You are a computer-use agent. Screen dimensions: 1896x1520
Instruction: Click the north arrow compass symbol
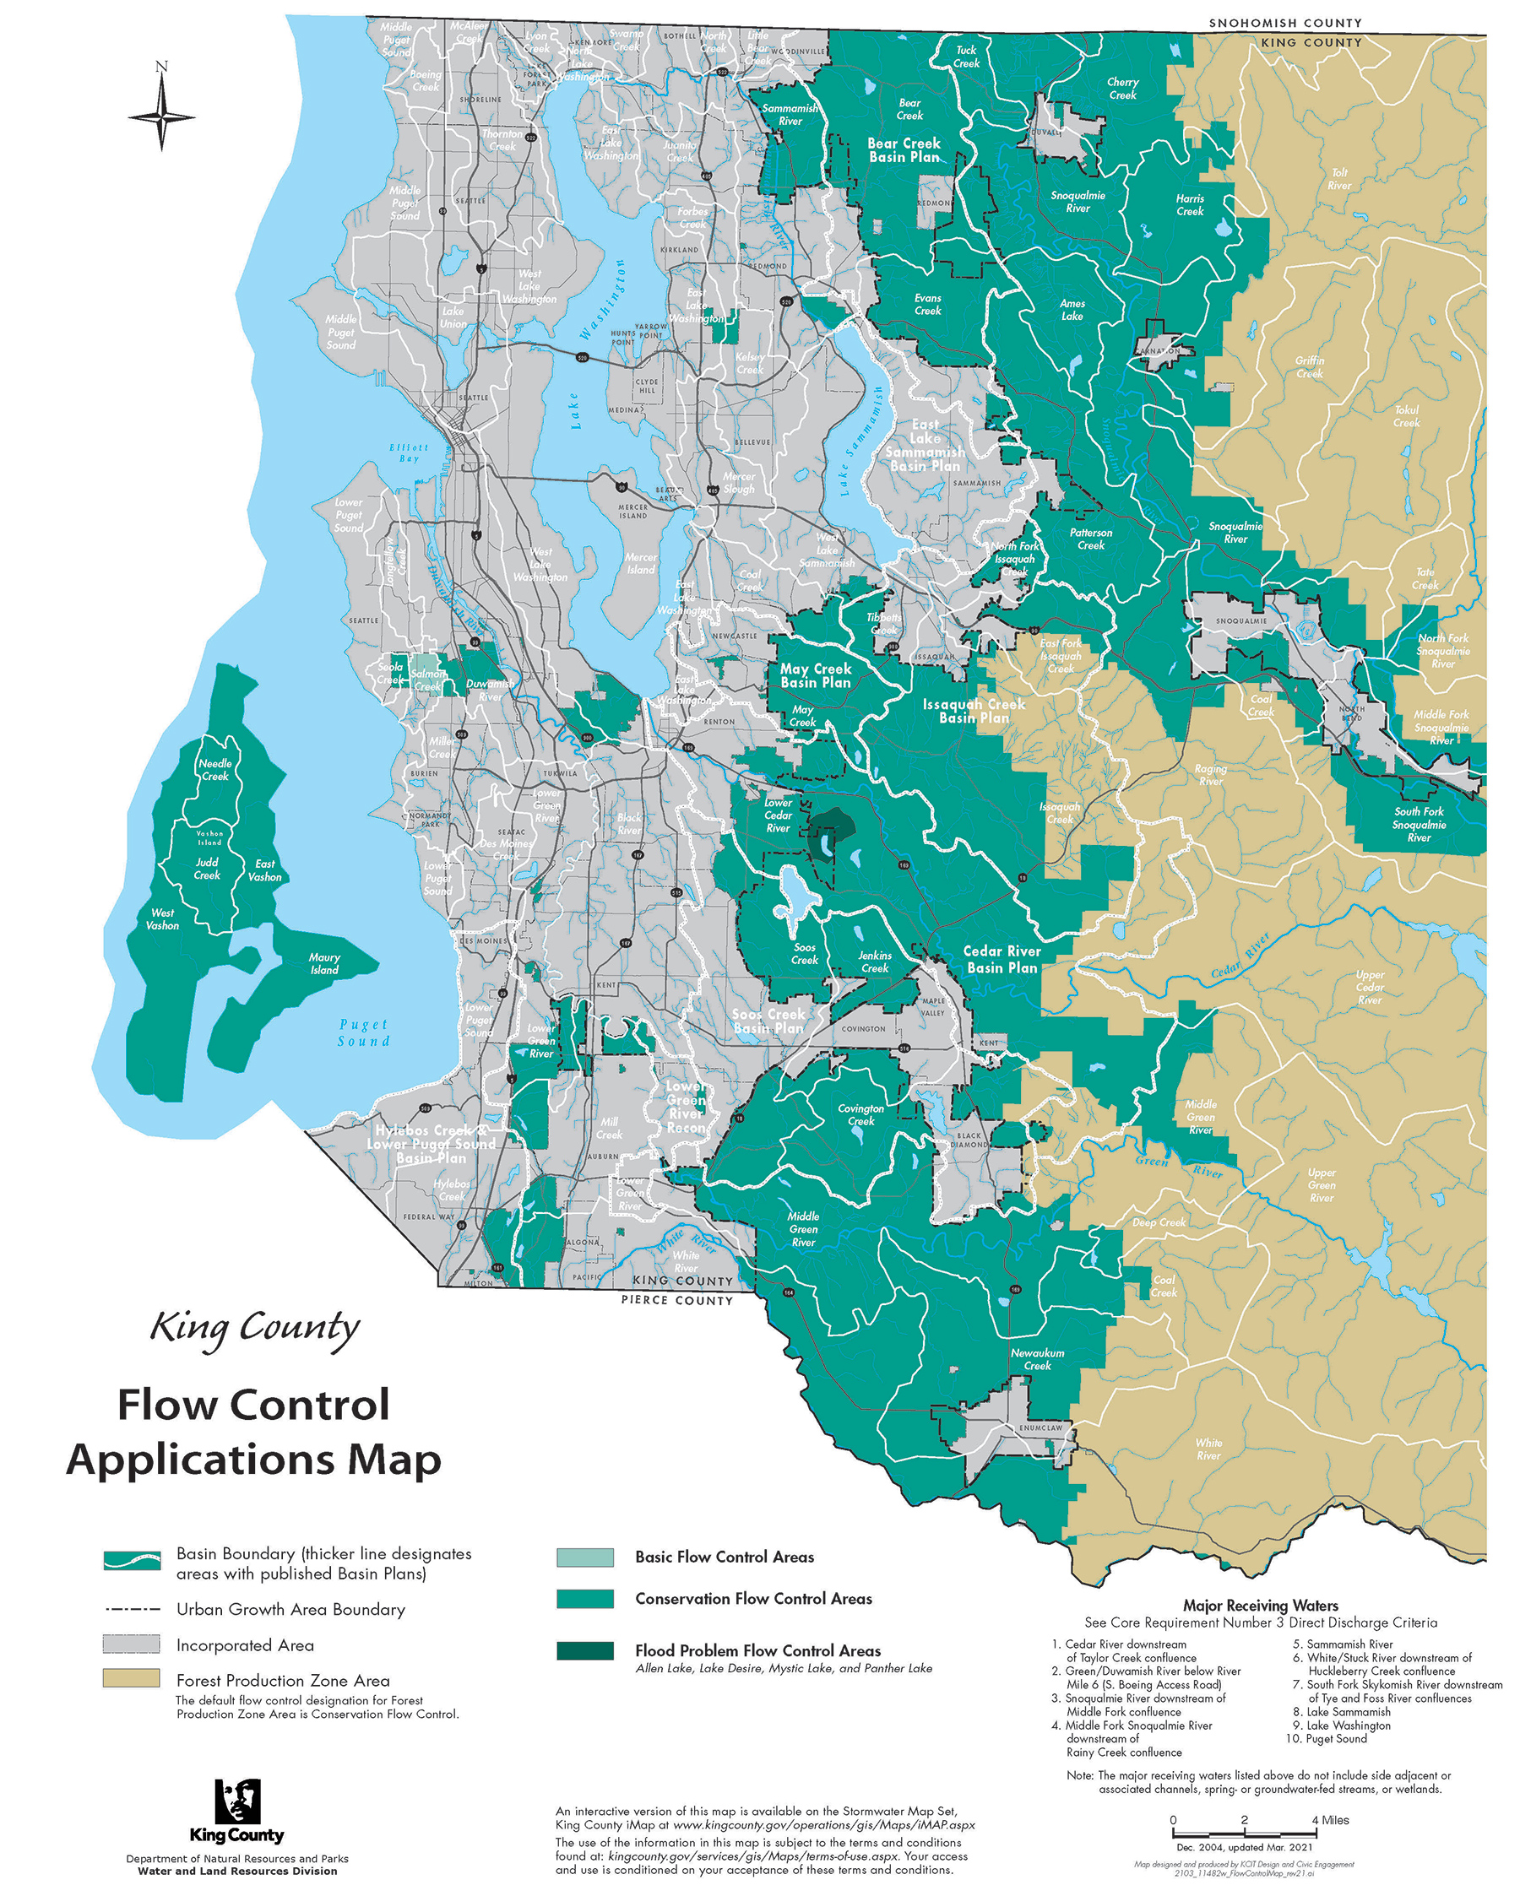tap(162, 115)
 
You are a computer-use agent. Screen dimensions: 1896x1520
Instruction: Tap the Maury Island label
tap(323, 964)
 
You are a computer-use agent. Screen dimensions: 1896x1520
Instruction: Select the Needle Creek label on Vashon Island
tap(214, 770)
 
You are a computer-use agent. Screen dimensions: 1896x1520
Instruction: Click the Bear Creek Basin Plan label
tap(904, 149)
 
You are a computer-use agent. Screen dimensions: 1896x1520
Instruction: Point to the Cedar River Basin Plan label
tap(1001, 959)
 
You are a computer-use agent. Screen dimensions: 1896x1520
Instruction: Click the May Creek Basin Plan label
tap(816, 675)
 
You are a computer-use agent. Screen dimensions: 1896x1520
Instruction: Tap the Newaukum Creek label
tap(1037, 1360)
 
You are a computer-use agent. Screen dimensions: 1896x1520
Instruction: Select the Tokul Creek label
tap(1406, 416)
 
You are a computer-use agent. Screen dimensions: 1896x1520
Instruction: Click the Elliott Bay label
tap(409, 452)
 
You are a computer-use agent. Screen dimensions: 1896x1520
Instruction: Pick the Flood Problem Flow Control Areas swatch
tap(585, 1650)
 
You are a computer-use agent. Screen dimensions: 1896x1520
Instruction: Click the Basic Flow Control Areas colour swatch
tap(585, 1557)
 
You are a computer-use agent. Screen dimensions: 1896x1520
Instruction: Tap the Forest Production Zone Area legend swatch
tap(131, 1679)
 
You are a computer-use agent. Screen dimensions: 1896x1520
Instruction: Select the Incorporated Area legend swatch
tap(131, 1644)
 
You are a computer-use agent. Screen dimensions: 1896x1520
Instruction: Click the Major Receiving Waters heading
tap(1260, 1606)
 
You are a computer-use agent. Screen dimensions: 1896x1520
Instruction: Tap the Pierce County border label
tap(676, 1300)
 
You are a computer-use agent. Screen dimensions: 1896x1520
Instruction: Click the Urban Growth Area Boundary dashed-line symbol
tap(131, 1609)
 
